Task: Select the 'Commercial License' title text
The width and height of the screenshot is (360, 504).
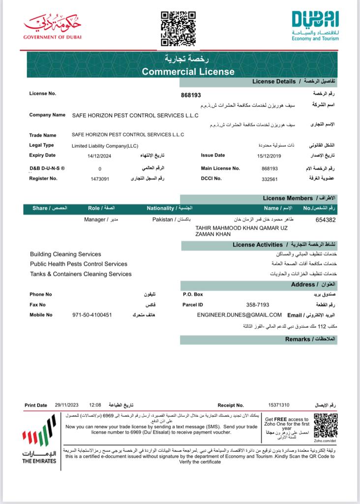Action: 188,71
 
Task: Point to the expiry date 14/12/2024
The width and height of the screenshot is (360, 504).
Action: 100,156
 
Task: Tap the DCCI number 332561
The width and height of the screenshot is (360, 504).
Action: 270,179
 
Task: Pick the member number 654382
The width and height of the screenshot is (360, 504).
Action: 326,220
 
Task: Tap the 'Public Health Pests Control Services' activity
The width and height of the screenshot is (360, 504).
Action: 79,264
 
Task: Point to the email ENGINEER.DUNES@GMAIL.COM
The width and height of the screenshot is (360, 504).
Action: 239,315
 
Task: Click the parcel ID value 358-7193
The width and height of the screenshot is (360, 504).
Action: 257,305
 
